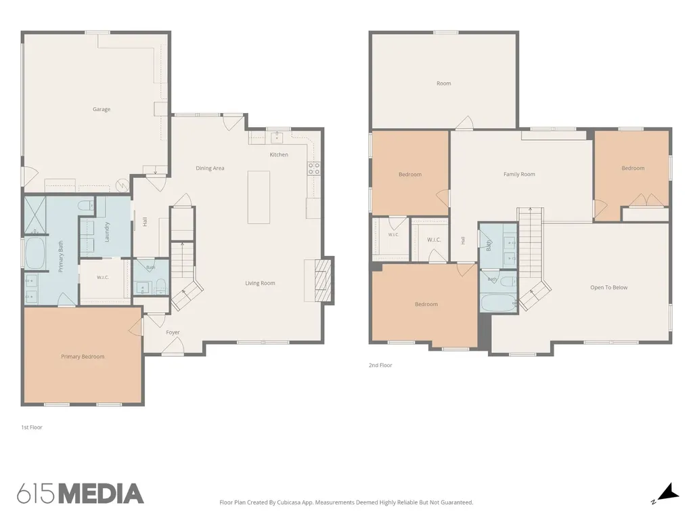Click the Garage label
102,109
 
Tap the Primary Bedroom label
83,357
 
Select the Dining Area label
210,168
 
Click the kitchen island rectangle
259,197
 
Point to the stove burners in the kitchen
314,169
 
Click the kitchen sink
277,137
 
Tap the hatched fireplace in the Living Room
323,280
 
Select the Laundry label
106,232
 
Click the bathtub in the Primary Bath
35,253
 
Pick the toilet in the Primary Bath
85,205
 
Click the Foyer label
173,332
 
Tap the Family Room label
519,174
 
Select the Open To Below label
609,287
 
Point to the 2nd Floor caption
380,365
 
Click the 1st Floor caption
32,427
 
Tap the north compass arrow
669,492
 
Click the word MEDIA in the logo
102,494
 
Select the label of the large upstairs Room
444,83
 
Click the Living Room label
260,283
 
